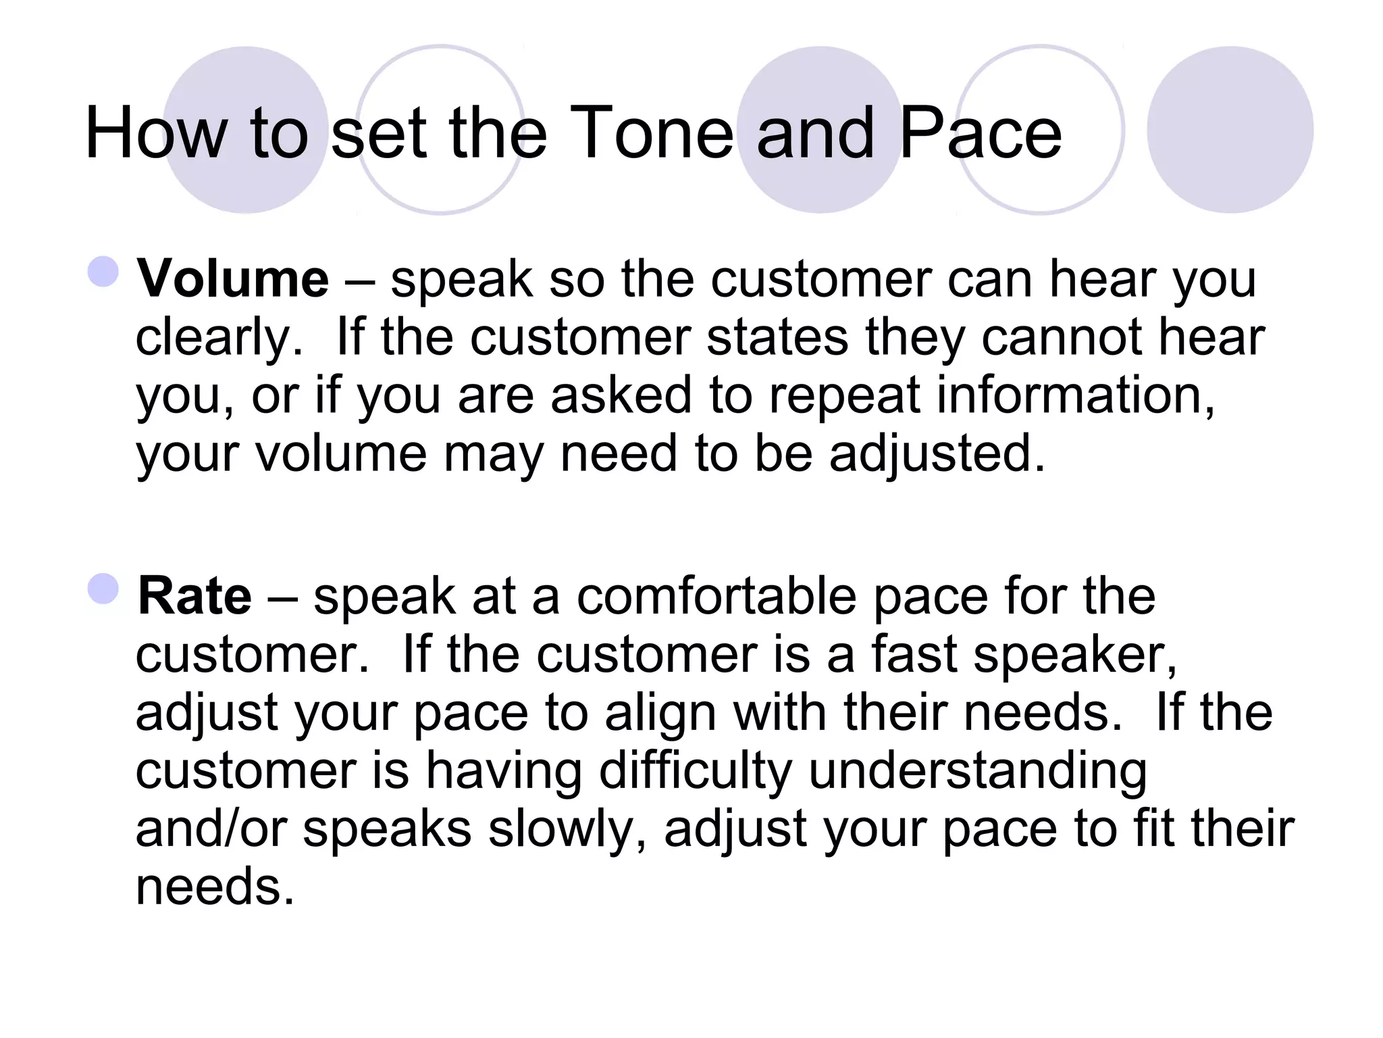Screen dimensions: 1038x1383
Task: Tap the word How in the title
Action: click(x=156, y=134)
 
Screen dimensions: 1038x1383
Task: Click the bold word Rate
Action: click(x=194, y=596)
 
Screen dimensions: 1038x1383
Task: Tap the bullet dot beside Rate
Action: click(x=103, y=589)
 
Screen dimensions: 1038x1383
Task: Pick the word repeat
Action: click(x=845, y=395)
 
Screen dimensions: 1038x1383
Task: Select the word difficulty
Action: click(x=696, y=771)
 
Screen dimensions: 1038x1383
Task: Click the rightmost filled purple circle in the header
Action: click(x=1230, y=130)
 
